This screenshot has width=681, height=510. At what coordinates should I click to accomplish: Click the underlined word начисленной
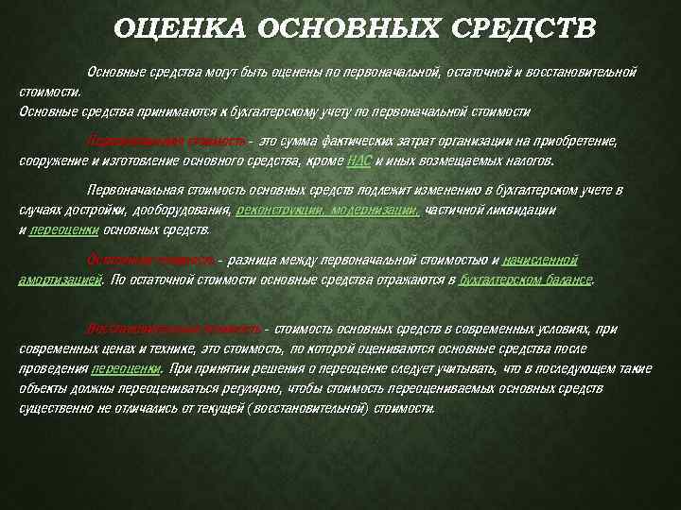tap(540, 258)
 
